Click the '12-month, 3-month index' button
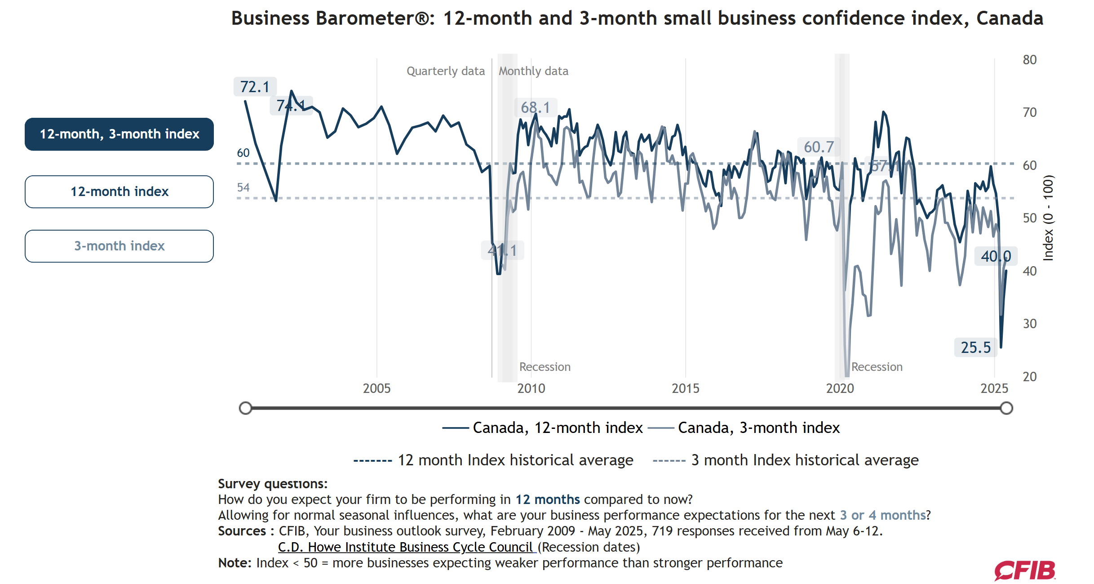pos(119,134)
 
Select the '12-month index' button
pos(119,192)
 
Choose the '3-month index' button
pos(119,246)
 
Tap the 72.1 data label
pos(255,87)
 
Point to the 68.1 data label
pos(535,107)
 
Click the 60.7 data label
pos(819,147)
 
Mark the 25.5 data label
pos(975,348)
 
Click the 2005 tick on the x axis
pos(376,388)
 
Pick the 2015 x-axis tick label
pos(685,388)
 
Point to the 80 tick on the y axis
pos(1029,60)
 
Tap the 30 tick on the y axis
pos(1029,324)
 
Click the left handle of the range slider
pos(245,408)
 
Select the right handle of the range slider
pos(1006,408)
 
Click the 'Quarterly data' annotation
pos(446,71)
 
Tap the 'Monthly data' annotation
pos(533,71)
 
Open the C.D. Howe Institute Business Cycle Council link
pos(405,547)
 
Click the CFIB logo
pos(1025,571)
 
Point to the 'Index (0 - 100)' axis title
pos(1048,218)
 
